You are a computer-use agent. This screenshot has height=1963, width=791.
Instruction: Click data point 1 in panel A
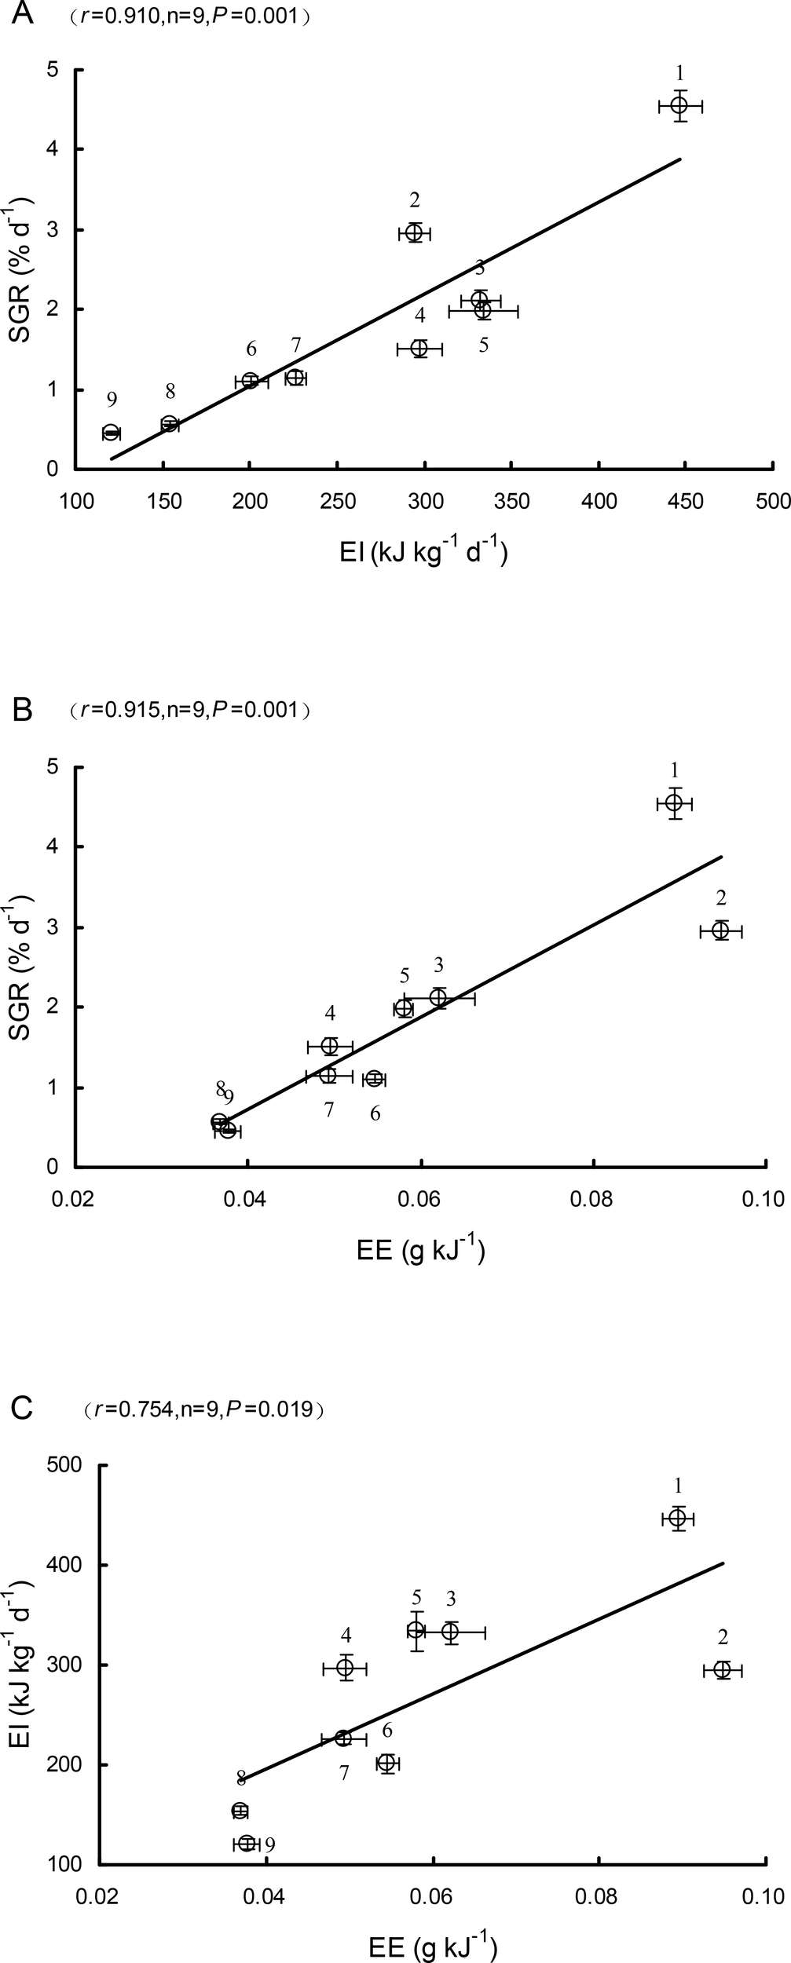coord(679,105)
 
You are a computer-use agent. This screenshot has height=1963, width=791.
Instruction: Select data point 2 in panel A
coord(415,232)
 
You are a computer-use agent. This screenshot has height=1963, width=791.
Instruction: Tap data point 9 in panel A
coord(111,433)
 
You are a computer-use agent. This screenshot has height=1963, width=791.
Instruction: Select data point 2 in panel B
coord(720,930)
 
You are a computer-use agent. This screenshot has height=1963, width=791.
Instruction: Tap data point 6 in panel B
coord(374,1078)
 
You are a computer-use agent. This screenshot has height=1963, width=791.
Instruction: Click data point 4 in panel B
coord(330,1046)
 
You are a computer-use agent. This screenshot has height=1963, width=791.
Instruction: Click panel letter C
coord(23,1407)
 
